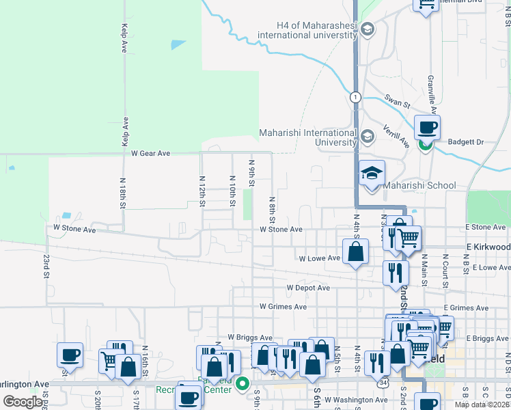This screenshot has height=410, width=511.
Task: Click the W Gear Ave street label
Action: click(150, 154)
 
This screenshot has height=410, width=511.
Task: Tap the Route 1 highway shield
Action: click(355, 97)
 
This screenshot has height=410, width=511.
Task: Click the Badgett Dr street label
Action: click(466, 142)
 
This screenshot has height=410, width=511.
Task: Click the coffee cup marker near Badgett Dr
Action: click(427, 127)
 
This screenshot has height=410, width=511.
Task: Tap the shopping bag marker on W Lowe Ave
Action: click(356, 252)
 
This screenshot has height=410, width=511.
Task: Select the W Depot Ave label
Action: click(308, 288)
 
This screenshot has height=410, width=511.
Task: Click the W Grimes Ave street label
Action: click(283, 307)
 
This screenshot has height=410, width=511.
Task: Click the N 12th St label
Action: click(202, 191)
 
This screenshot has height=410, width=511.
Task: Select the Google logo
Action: click(23, 401)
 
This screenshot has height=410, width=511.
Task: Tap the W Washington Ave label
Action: click(351, 400)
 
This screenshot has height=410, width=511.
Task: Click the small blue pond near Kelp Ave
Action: click(178, 44)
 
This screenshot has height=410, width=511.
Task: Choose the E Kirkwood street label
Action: click(488, 246)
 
